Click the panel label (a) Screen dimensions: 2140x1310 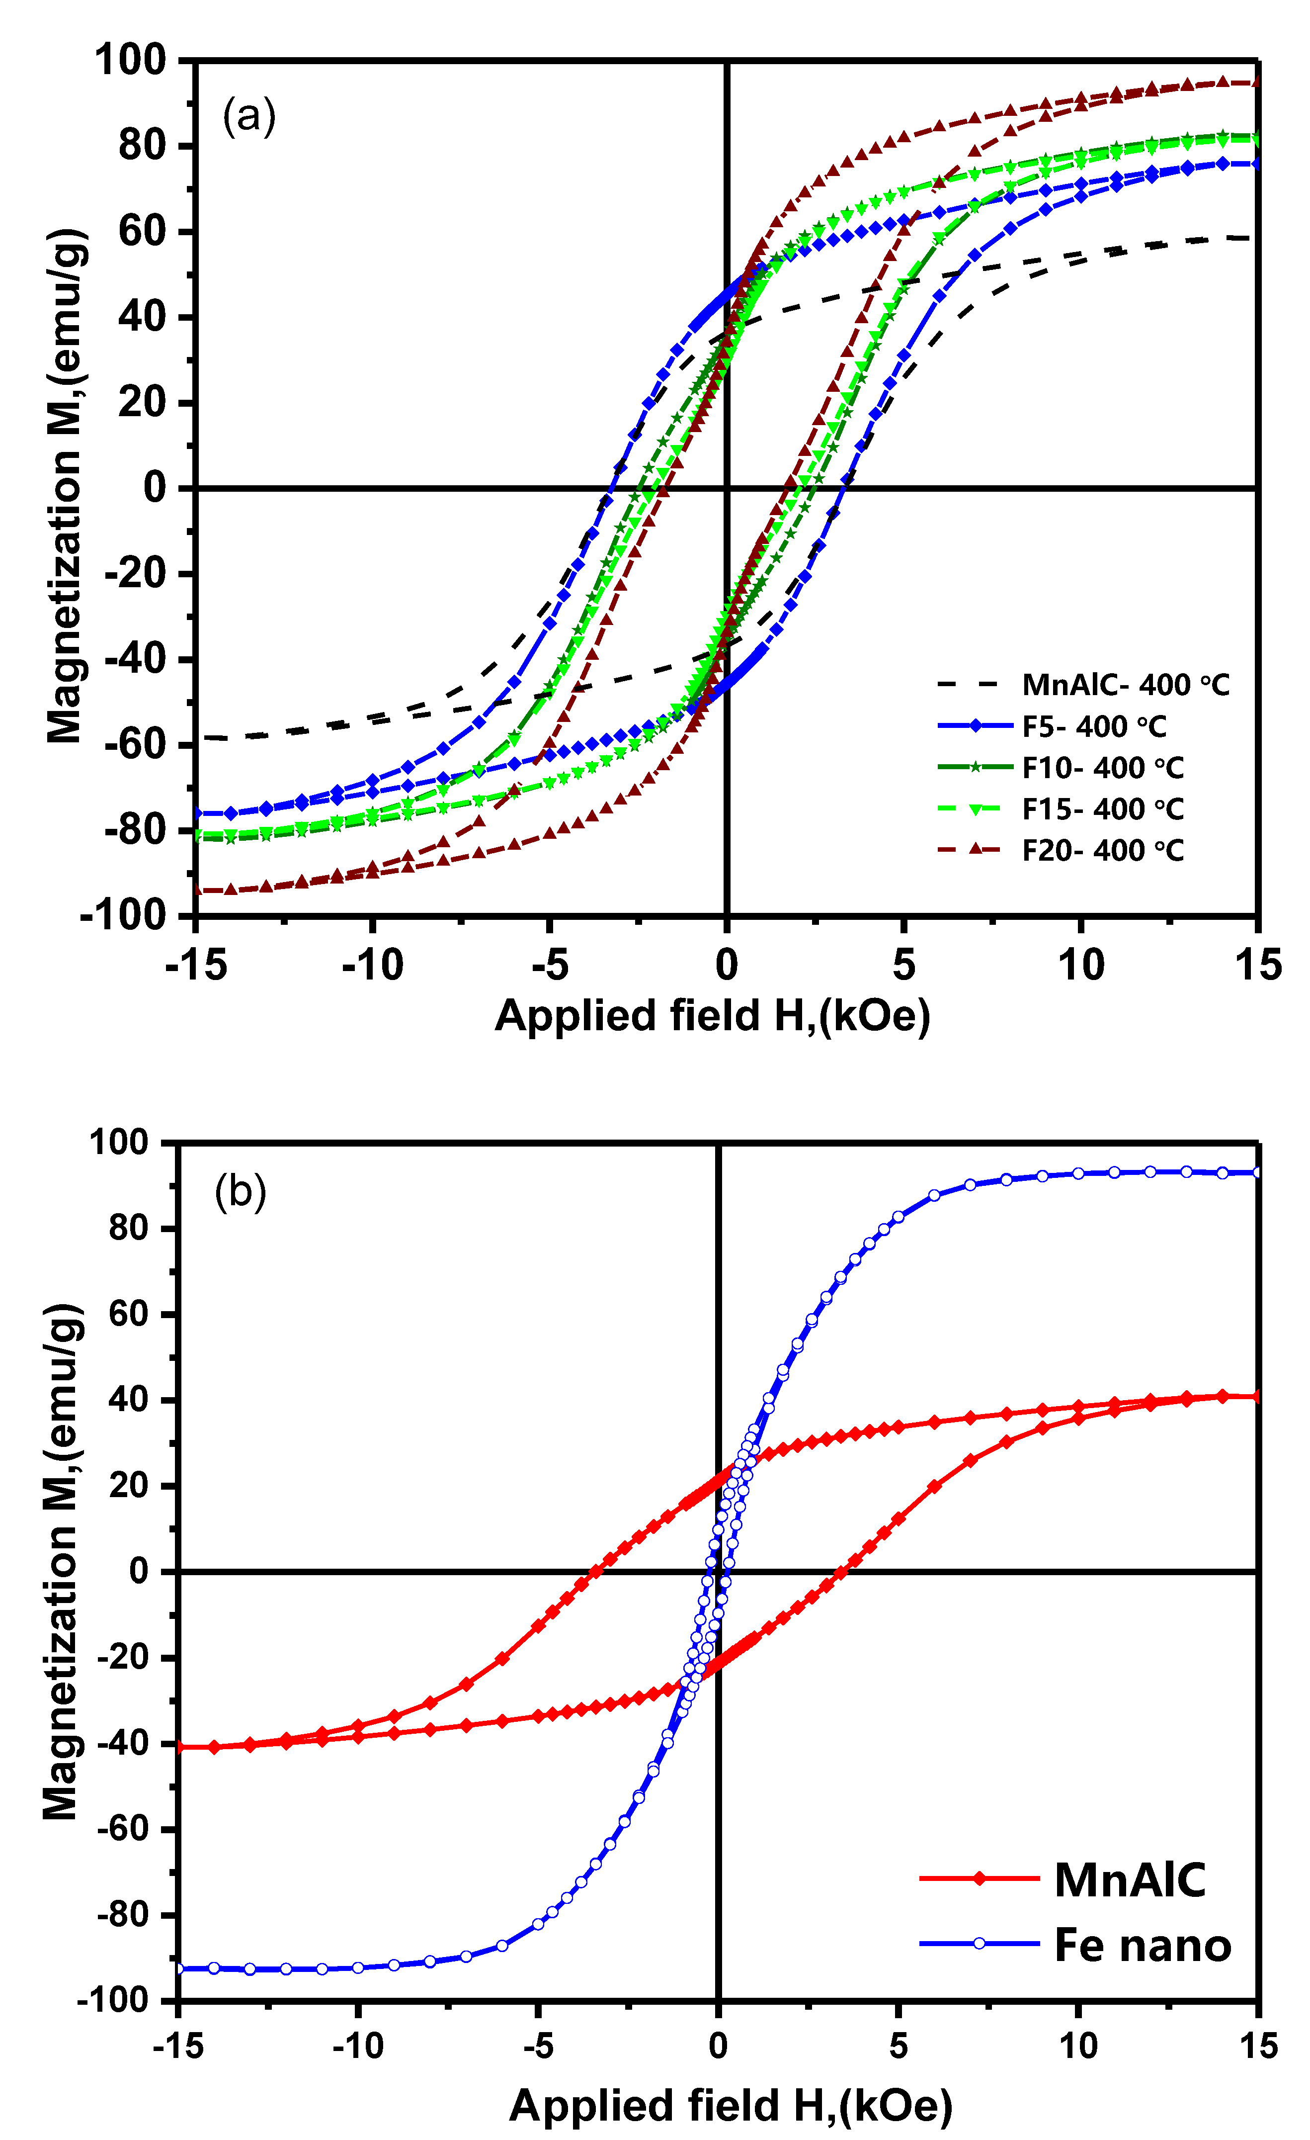click(x=249, y=115)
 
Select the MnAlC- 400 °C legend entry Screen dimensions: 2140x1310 click(x=1125, y=685)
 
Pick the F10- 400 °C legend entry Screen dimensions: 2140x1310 click(x=1103, y=768)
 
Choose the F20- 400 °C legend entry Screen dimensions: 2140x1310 click(x=1103, y=850)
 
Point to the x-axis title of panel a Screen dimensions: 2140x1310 click(x=712, y=1015)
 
